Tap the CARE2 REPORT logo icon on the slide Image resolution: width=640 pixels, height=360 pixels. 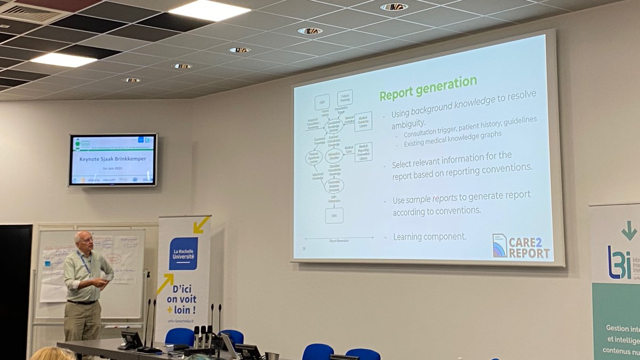[500, 245]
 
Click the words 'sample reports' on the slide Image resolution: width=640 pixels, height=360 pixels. [431, 199]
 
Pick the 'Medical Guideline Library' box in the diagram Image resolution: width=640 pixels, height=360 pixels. [363, 122]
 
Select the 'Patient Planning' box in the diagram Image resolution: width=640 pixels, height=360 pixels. [345, 98]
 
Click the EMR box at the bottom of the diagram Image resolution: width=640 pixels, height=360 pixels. [334, 215]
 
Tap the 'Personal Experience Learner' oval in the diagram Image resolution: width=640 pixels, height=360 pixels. [314, 158]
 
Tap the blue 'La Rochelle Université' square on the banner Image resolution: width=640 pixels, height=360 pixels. [183, 253]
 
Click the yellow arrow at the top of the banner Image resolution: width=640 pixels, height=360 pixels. [201, 225]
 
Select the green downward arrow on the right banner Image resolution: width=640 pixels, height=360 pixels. [629, 230]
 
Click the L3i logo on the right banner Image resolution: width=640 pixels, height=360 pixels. [619, 262]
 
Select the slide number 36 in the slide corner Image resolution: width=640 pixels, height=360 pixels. [304, 248]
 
